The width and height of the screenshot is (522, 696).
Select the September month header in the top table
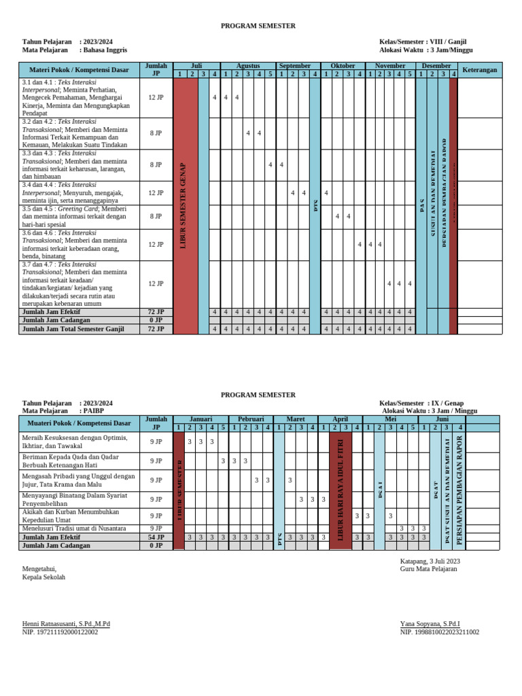[294, 66]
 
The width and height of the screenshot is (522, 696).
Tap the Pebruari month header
[251, 419]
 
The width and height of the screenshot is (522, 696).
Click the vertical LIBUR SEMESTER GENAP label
[183, 205]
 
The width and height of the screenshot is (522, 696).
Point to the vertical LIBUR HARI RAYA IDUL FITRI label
[341, 484]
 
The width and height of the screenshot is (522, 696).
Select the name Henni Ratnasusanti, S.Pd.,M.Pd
[66, 623]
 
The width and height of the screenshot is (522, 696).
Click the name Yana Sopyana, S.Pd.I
[430, 623]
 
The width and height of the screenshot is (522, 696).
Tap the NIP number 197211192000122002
[60, 632]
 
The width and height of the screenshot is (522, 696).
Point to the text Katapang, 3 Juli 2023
[430, 561]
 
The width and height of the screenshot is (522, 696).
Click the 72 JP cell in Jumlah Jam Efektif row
[156, 311]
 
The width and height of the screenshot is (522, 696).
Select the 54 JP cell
[156, 537]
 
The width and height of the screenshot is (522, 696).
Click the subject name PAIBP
[94, 411]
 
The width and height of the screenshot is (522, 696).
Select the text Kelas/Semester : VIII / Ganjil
[423, 42]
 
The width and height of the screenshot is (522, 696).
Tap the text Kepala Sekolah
[43, 577]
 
